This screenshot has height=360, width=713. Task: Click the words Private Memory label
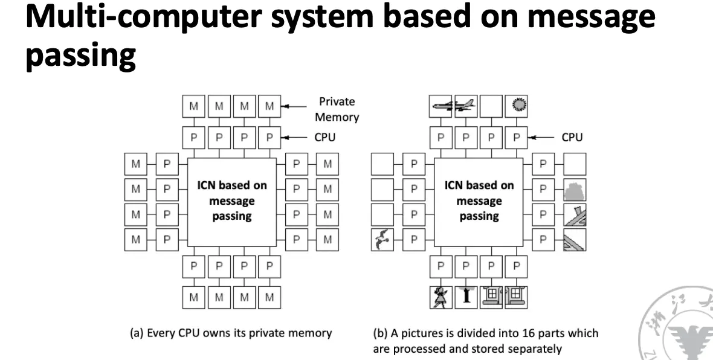pos(337,109)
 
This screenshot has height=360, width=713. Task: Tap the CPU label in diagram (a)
pos(324,137)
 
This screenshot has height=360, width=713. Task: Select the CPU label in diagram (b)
pos(572,137)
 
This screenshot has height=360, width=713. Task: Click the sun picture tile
pos(516,106)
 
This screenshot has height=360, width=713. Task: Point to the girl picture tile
pos(440,297)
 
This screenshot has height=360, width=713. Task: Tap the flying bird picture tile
pos(382,240)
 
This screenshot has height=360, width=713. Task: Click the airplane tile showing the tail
pos(466,106)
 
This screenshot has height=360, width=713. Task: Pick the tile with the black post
pos(466,297)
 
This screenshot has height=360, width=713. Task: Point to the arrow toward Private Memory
pos(295,107)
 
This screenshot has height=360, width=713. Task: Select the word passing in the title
pos(80,56)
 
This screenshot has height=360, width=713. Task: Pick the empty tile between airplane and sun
pos(491,106)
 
